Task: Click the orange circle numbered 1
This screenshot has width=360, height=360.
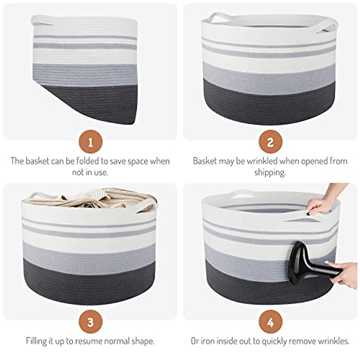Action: pos(90,142)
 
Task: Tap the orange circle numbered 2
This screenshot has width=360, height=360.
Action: pos(270,142)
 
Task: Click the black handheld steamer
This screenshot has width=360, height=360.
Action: pos(303,264)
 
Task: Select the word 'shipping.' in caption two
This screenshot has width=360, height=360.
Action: pos(270,172)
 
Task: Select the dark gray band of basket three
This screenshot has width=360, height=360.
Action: pos(90,282)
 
